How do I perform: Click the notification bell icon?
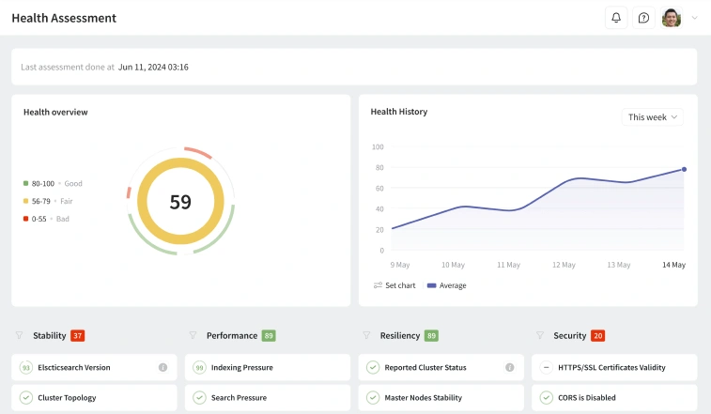[x=616, y=18]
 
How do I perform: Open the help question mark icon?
[x=643, y=18]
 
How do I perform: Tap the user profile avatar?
[x=672, y=18]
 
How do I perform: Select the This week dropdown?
[x=652, y=117]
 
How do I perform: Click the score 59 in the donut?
[x=180, y=202]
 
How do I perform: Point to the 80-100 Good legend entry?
[x=53, y=184]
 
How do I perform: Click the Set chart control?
[x=394, y=285]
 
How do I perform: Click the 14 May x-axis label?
[x=673, y=266]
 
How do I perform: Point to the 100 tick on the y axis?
[x=378, y=147]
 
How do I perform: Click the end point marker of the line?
[x=684, y=169]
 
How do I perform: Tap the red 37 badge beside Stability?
[x=78, y=335]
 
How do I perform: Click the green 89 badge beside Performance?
[x=269, y=335]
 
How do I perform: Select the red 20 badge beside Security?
[x=598, y=335]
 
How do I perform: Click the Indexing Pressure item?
[x=241, y=368]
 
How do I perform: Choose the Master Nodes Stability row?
[x=423, y=398]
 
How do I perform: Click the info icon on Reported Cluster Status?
[x=510, y=368]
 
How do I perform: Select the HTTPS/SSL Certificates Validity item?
[x=611, y=368]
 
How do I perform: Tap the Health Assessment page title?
[x=64, y=18]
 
